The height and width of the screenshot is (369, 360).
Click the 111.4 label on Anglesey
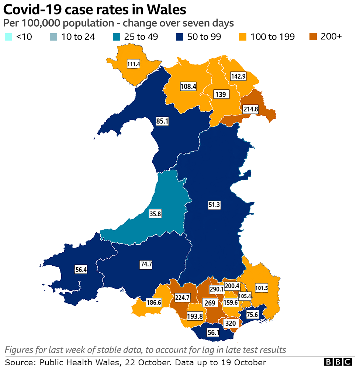pyautogui.click(x=134, y=64)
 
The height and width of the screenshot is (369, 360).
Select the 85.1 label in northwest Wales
pyautogui.click(x=162, y=121)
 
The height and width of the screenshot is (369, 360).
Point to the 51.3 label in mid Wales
pyautogui.click(x=214, y=205)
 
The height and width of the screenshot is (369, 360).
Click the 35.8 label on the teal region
pyautogui.click(x=155, y=214)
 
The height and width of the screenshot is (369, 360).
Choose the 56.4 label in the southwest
pyautogui.click(x=81, y=270)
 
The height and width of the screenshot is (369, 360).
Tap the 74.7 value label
pyautogui.click(x=146, y=264)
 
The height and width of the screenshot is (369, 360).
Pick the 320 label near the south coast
pyautogui.click(x=230, y=324)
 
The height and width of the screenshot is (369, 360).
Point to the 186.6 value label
pyautogui.click(x=154, y=302)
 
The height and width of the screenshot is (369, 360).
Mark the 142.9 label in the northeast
pyautogui.click(x=238, y=76)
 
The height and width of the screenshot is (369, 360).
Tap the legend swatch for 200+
pyautogui.click(x=314, y=37)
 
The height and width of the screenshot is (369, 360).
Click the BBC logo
pyautogui.click(x=338, y=362)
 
